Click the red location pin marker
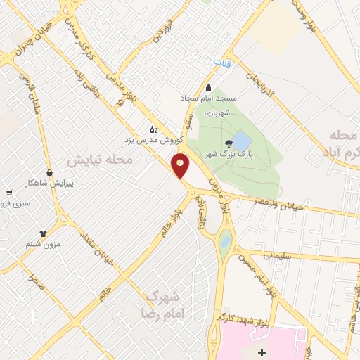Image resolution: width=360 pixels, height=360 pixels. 181,165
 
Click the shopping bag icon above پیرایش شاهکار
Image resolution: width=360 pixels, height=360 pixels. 49,172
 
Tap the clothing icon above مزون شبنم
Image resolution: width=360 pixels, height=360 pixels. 44,233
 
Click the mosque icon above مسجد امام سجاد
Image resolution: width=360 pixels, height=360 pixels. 208,89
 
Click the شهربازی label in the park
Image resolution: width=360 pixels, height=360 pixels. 217,112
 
